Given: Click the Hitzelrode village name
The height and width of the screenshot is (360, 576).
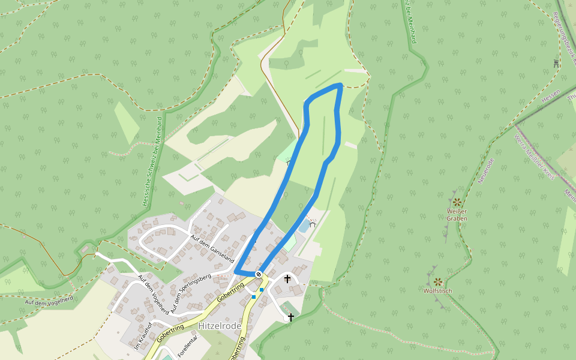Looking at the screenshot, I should pyautogui.click(x=219, y=326).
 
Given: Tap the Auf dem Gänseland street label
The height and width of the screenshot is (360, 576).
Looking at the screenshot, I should pyautogui.click(x=211, y=246).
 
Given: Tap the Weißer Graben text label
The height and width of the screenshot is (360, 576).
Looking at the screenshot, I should pyautogui.click(x=457, y=215).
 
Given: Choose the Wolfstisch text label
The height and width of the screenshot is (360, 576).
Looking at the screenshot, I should pyautogui.click(x=437, y=291).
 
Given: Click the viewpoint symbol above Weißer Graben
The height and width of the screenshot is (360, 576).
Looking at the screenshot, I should pyautogui.click(x=457, y=202).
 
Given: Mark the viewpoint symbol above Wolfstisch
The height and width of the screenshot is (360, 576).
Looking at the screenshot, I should pyautogui.click(x=438, y=281).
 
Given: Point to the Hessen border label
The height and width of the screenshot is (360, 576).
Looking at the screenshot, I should pyautogui.click(x=550, y=96).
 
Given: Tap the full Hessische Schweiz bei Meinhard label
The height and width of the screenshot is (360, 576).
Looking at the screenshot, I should pyautogui.click(x=152, y=161).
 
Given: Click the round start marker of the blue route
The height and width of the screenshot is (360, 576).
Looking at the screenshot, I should pyautogui.click(x=259, y=274).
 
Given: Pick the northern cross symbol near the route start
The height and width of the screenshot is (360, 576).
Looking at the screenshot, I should pyautogui.click(x=287, y=278).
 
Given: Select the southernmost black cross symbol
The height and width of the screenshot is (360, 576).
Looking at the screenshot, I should pyautogui.click(x=291, y=317).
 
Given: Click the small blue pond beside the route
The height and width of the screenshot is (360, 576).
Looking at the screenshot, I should pyautogui.click(x=304, y=226).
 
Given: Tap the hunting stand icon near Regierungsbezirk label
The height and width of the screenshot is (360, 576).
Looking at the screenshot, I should pyautogui.click(x=556, y=62).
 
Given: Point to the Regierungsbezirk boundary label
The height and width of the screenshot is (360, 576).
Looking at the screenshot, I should pyautogui.click(x=565, y=36).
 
